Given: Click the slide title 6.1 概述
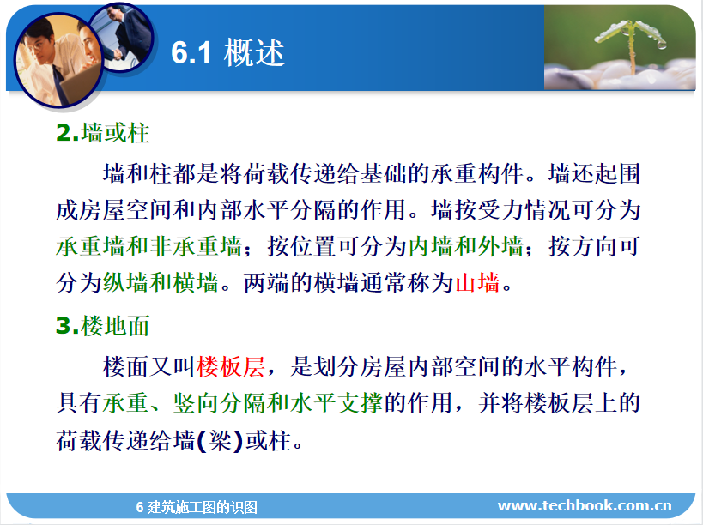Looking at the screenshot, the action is tap(227, 52).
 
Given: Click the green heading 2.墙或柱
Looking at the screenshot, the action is tap(103, 133).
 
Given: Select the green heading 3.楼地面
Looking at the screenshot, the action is tap(103, 325).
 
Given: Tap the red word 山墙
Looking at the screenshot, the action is tap(478, 282).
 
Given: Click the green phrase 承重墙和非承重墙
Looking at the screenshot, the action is tap(149, 246).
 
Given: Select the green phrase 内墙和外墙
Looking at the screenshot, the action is tap(465, 246).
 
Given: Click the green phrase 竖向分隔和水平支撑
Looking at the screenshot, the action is tap(277, 402).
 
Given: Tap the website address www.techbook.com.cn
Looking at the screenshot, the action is tap(585, 505).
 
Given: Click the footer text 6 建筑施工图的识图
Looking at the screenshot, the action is tap(197, 507).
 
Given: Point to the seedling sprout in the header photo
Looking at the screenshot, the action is tap(630, 43).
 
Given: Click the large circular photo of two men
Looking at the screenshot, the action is tap(58, 60).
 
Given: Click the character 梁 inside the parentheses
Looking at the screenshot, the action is tap(220, 440).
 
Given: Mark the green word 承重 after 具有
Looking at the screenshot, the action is tap(126, 402).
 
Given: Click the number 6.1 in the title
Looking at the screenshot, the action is tap(191, 53).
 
